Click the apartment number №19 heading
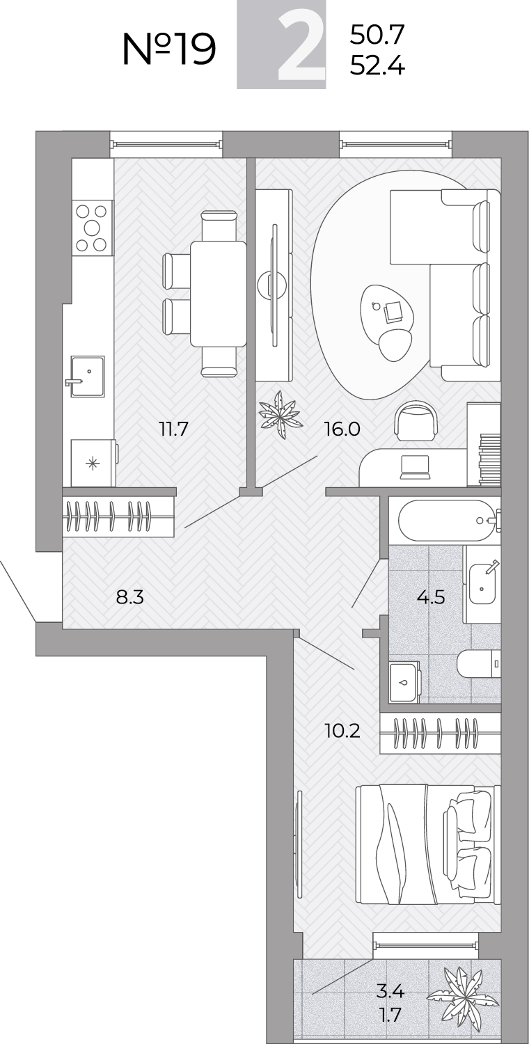click(x=169, y=49)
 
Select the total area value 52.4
click(x=377, y=67)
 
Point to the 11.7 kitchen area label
click(x=174, y=428)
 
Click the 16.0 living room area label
click(x=342, y=428)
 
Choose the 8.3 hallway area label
click(x=130, y=596)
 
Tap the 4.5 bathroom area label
click(x=432, y=596)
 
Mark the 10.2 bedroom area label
click(x=342, y=731)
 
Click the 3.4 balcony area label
click(x=390, y=990)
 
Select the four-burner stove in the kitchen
click(x=92, y=228)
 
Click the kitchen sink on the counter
click(x=87, y=377)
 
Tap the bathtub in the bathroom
click(x=446, y=521)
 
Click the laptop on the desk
click(x=415, y=467)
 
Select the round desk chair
click(x=416, y=421)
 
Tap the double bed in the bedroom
click(x=428, y=844)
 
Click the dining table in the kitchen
click(x=218, y=294)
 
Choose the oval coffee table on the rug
click(x=387, y=312)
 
